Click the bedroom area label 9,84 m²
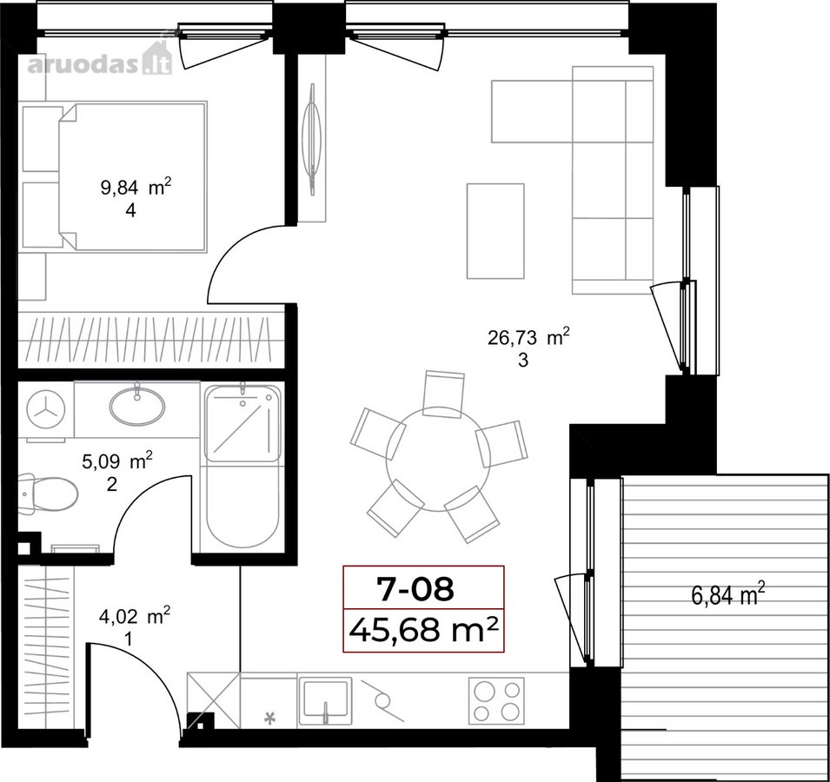click(x=136, y=187)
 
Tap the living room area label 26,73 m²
click(x=528, y=336)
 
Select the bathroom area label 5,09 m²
click(x=117, y=461)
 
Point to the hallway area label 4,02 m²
click(x=135, y=615)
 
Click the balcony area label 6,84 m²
click(x=728, y=594)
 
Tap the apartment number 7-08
click(x=415, y=588)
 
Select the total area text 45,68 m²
click(x=423, y=630)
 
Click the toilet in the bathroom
click(x=48, y=494)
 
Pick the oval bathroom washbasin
click(x=137, y=405)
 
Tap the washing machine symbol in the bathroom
click(x=45, y=409)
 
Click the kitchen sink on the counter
click(x=325, y=701)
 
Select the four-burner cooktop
click(x=496, y=700)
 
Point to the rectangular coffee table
click(x=495, y=230)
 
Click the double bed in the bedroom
click(x=131, y=176)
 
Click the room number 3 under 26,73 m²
click(x=523, y=361)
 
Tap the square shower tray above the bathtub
click(x=242, y=423)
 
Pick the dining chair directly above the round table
click(x=443, y=394)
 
